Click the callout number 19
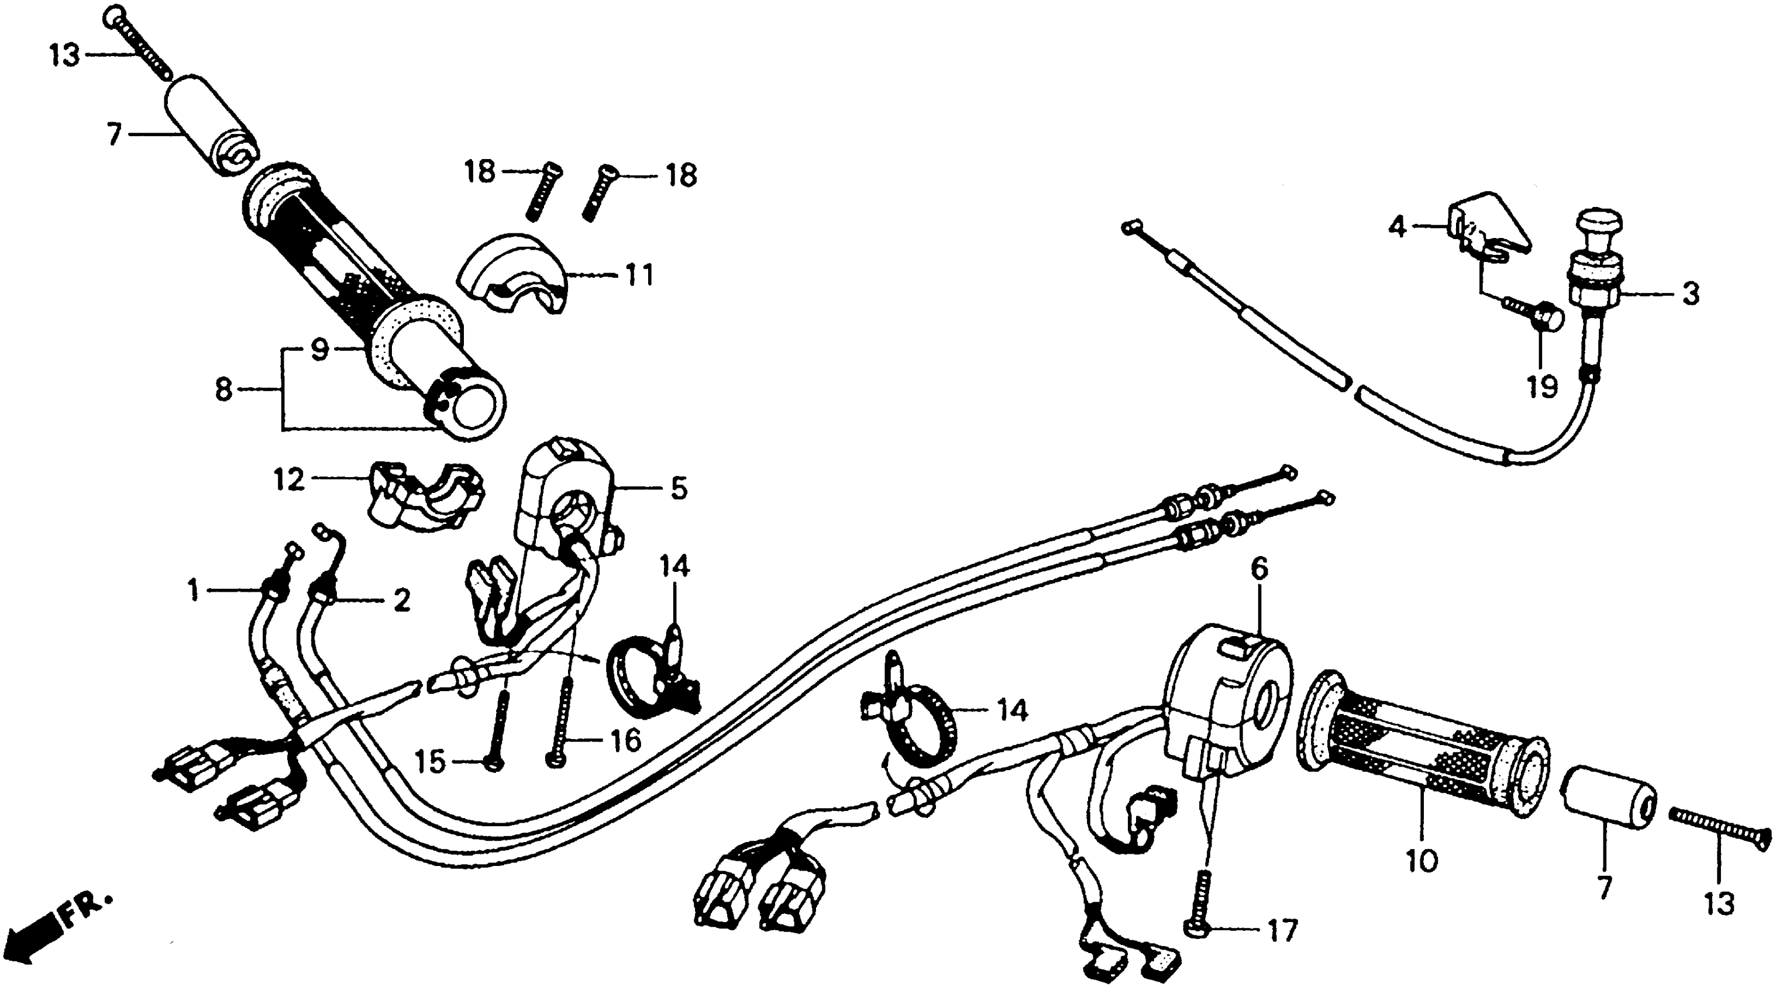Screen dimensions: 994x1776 tap(1542, 388)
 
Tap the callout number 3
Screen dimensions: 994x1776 tap(1690, 294)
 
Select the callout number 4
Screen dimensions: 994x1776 tap(1397, 226)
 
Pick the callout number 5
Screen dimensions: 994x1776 tap(679, 488)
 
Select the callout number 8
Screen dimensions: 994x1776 tap(223, 390)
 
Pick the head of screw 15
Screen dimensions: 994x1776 tap(493, 763)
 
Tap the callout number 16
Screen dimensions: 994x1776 tap(625, 741)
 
